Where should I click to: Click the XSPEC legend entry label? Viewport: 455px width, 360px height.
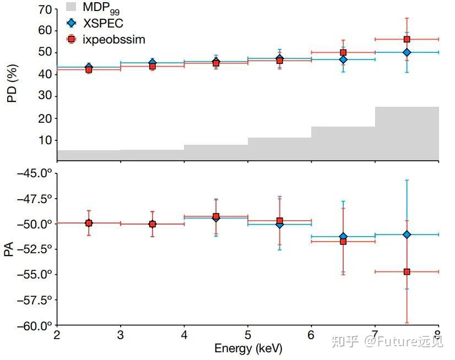tap(104, 23)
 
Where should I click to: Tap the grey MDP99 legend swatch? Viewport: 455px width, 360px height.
tap(71, 7)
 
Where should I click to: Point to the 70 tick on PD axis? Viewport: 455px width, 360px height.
tap(45, 9)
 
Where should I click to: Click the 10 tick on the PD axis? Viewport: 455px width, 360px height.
tap(45, 140)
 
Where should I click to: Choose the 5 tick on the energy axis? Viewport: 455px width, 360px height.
tap(248, 336)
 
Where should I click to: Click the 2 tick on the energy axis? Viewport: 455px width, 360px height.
tap(57, 336)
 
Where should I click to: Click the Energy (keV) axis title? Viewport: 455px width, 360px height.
tap(247, 348)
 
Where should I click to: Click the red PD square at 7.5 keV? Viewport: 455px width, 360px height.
tap(407, 39)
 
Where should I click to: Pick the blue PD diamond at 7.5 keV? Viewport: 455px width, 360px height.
tap(407, 52)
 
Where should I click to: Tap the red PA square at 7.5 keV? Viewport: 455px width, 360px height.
tap(407, 271)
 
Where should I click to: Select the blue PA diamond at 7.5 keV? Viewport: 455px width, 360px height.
tap(407, 234)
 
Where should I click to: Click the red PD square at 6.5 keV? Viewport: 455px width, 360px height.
tap(343, 52)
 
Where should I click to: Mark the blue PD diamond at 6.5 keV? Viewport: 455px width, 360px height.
tap(343, 59)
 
